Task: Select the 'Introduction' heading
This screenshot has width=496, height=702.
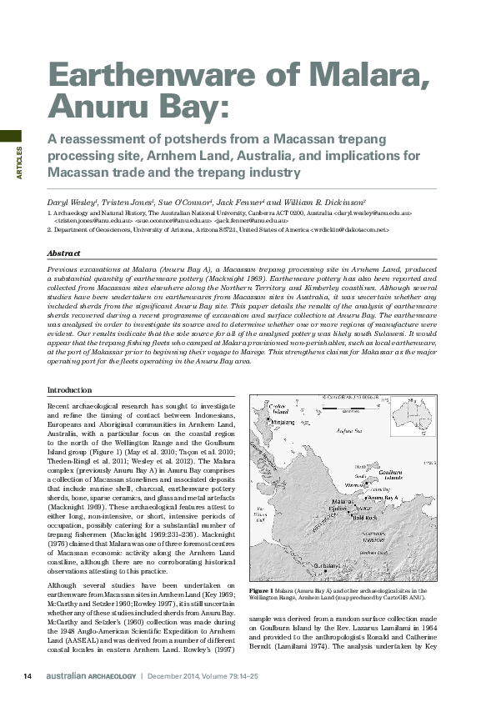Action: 69,390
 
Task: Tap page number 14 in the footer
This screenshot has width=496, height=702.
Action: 27,675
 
